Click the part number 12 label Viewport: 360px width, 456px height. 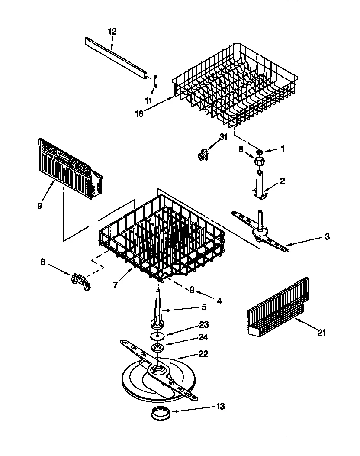click(112, 31)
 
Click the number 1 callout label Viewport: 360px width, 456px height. click(283, 149)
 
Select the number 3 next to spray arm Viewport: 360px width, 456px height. click(327, 236)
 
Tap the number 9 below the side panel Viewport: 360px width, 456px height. click(40, 206)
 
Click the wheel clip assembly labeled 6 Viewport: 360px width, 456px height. click(80, 281)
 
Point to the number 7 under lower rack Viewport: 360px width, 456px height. click(116, 286)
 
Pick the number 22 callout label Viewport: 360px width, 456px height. click(203, 354)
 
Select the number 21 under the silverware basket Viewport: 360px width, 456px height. click(321, 333)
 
